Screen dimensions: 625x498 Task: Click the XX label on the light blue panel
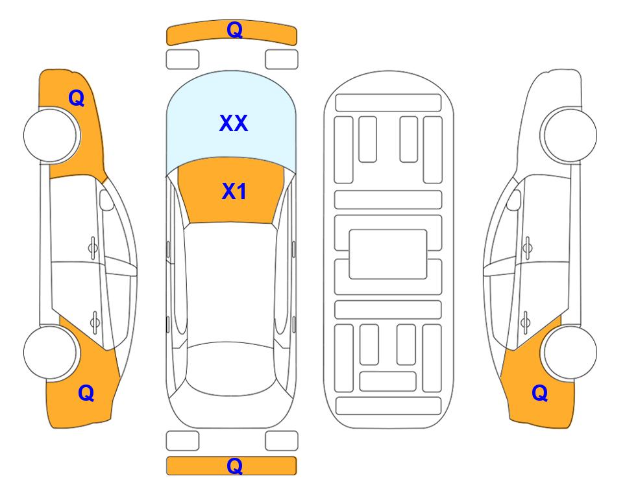(234, 123)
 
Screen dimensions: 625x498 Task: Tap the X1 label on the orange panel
(234, 191)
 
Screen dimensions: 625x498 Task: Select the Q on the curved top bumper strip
(234, 29)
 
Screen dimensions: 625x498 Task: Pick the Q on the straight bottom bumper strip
(234, 466)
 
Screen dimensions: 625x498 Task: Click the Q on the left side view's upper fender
(77, 98)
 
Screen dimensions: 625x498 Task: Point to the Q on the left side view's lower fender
(86, 393)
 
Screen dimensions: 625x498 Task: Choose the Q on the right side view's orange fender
(540, 393)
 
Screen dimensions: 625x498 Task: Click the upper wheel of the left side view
(51, 135)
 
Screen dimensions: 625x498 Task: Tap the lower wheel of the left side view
(51, 353)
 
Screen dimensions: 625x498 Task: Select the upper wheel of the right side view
(570, 135)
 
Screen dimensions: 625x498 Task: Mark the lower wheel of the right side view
(570, 352)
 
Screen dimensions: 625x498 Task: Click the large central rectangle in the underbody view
(388, 254)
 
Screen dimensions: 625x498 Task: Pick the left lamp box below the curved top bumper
(182, 60)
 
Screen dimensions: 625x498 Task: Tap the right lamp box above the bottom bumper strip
(282, 441)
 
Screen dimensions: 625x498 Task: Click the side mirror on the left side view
(106, 200)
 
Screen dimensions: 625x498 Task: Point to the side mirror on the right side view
(514, 200)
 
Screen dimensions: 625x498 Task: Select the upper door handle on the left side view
(93, 248)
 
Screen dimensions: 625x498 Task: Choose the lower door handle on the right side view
(526, 322)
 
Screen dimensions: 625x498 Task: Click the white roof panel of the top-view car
(230, 283)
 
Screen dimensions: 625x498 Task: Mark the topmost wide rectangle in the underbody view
(388, 103)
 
